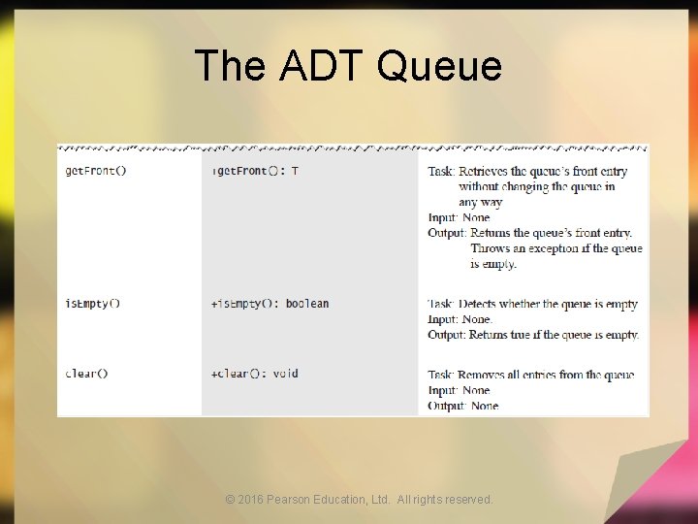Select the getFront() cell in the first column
pos(96,171)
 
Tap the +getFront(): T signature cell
pos(255,171)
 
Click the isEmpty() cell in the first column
pos(93,304)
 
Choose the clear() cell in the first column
pos(87,374)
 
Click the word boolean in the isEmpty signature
pos(307,304)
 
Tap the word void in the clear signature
pos(285,374)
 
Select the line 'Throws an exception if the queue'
pos(556,248)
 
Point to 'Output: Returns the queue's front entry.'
pos(529,233)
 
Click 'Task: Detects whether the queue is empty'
pos(532,304)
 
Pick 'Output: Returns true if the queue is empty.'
pos(533,335)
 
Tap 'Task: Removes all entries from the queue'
pos(531,375)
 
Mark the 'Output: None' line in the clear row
pos(463,406)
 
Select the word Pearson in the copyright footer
pos(288,500)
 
